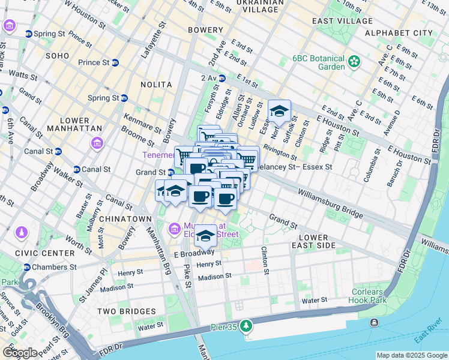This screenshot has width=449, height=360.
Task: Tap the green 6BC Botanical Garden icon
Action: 355,61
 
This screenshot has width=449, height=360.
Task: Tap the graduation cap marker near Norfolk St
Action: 279,112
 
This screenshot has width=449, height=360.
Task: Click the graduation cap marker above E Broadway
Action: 206,236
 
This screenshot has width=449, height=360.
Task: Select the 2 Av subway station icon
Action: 222,78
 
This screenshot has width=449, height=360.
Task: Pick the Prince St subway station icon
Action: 115,62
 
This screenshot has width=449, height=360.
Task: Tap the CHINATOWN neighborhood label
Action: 125,219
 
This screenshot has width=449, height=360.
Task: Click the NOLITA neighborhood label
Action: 156,85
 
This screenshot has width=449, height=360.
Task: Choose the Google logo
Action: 20,353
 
